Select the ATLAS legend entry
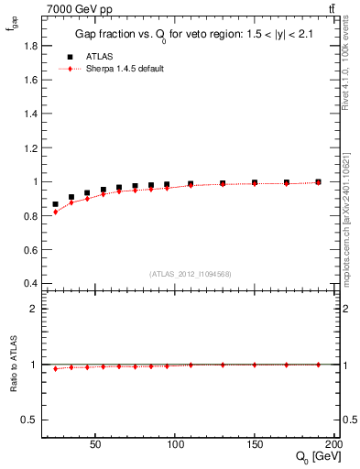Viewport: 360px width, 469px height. (x=92, y=56)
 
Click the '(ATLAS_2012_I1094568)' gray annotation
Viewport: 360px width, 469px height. (x=190, y=273)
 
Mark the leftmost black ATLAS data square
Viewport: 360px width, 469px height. (x=56, y=204)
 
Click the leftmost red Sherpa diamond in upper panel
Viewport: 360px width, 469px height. (x=56, y=212)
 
